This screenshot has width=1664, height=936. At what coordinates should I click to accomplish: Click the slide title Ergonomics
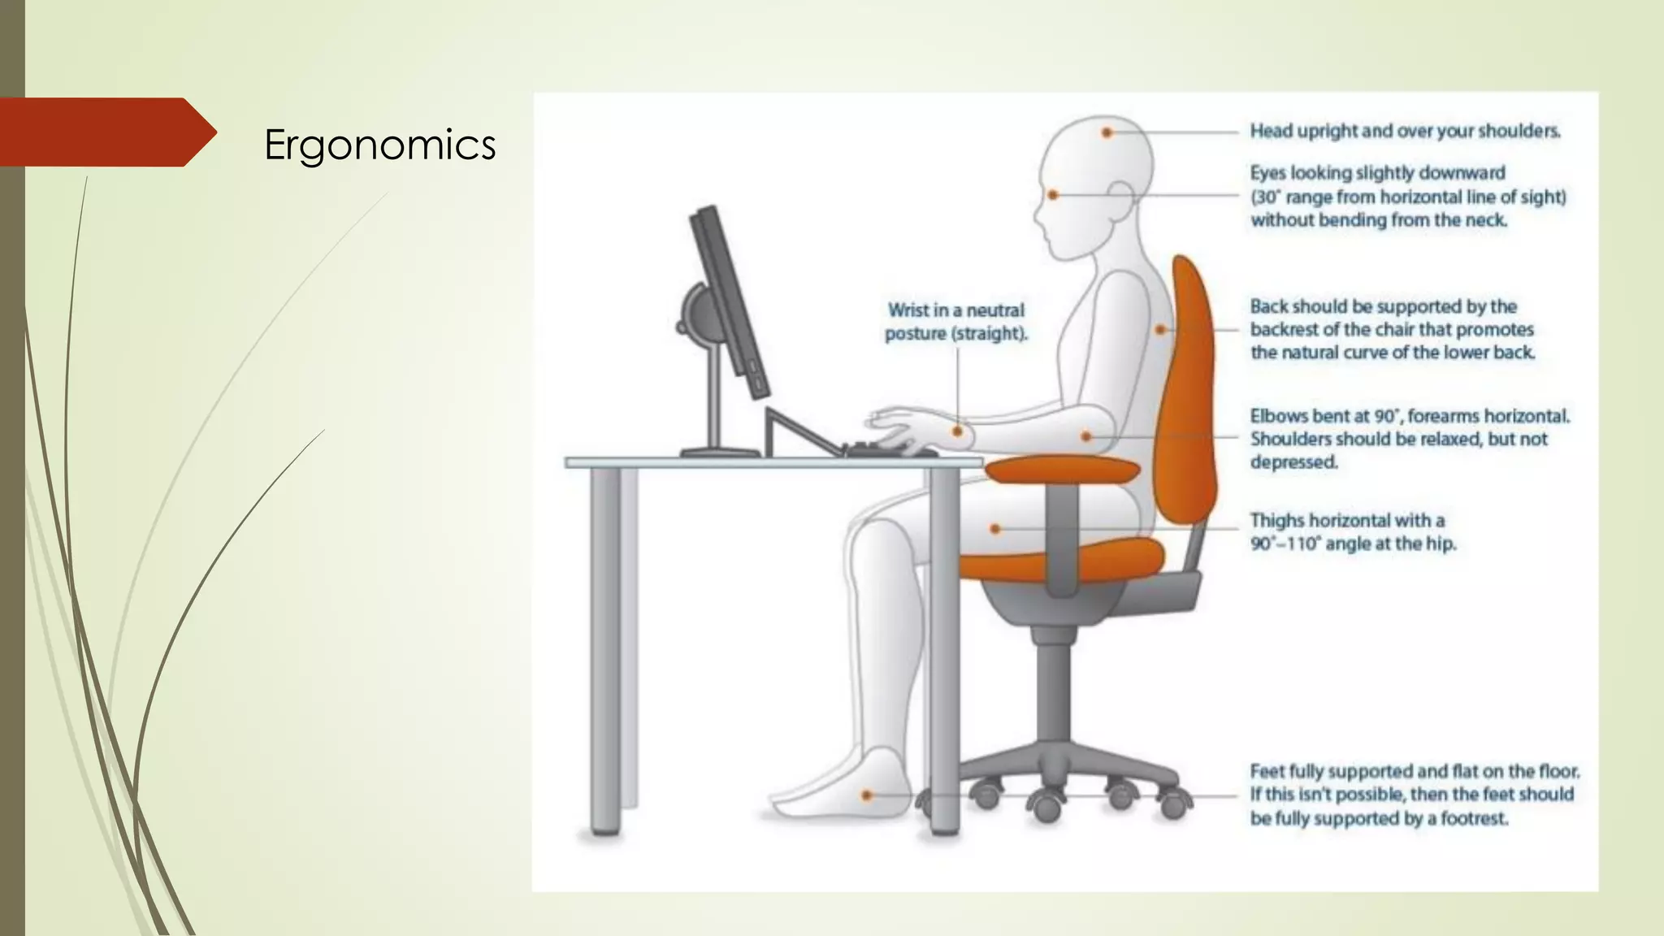tap(379, 145)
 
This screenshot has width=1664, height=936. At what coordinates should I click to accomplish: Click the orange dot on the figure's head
tap(1106, 132)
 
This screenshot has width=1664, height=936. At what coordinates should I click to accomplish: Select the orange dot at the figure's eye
tap(1053, 195)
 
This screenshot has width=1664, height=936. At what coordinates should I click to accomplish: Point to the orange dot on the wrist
tap(958, 431)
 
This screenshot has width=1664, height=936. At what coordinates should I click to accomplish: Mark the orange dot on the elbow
tap(1086, 436)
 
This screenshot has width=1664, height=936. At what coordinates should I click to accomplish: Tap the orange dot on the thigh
tap(995, 529)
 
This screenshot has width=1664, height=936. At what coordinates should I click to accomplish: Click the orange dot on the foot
tap(867, 795)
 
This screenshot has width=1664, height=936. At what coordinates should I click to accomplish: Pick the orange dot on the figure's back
tap(1160, 330)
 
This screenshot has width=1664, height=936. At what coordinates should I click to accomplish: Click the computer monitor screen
tap(727, 301)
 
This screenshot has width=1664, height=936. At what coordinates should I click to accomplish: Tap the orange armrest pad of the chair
tap(1063, 470)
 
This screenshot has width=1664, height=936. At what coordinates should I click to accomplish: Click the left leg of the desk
tap(605, 650)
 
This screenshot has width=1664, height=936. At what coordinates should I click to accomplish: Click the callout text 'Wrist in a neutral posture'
tap(955, 322)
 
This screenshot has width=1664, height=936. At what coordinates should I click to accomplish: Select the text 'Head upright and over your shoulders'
tap(1405, 131)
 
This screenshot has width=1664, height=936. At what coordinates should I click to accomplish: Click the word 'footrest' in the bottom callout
tap(1474, 818)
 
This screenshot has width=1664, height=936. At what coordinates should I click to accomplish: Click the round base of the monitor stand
tap(720, 453)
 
